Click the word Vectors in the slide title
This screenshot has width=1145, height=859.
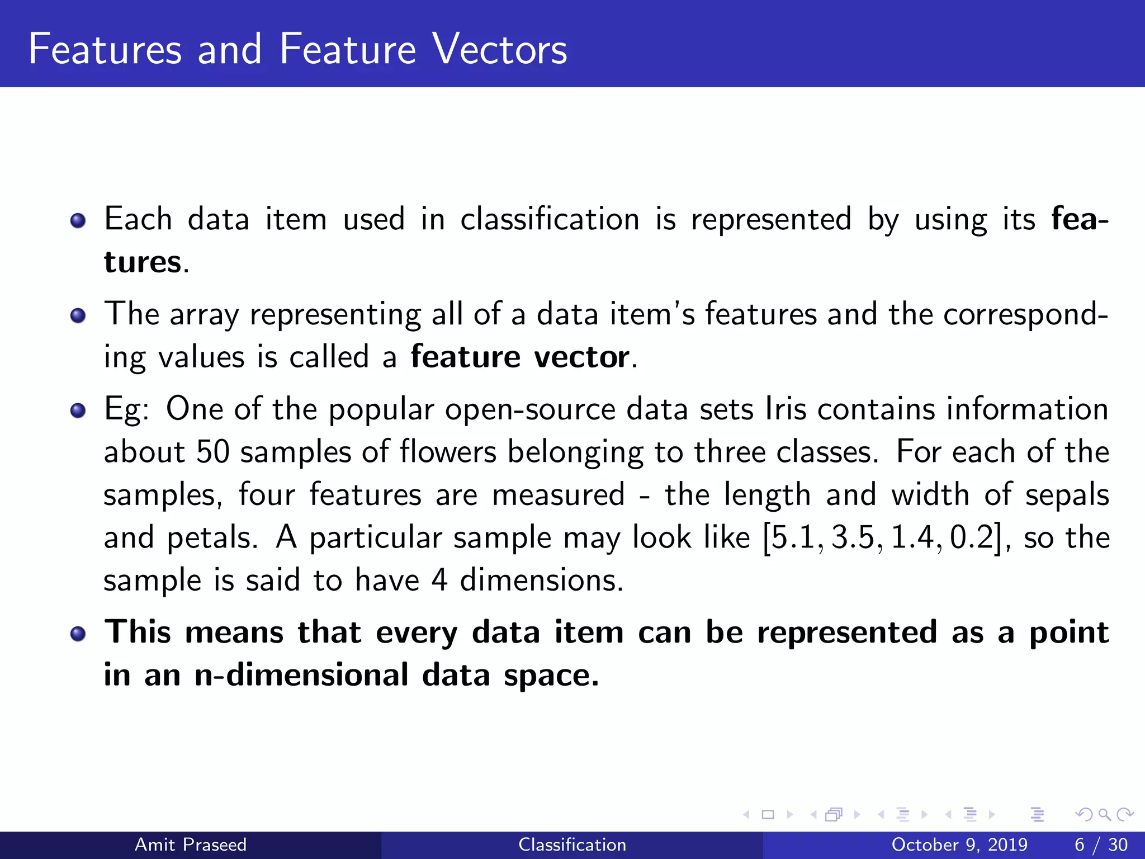(500, 49)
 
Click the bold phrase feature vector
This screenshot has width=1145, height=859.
(521, 357)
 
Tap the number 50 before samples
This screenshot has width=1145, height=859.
(213, 452)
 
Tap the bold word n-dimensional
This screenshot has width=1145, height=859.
(301, 674)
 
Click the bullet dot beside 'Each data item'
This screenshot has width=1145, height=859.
(78, 220)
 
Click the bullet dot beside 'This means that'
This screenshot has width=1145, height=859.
(78, 634)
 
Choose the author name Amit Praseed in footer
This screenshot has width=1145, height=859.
(191, 844)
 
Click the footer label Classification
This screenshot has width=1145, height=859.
(572, 844)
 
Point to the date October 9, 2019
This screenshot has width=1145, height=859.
(959, 844)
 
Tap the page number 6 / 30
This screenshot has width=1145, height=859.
(1101, 844)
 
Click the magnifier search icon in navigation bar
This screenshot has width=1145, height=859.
(1104, 814)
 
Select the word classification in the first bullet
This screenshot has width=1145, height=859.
(550, 219)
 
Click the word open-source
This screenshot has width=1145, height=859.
(531, 409)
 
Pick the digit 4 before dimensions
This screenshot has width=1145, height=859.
(439, 580)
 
